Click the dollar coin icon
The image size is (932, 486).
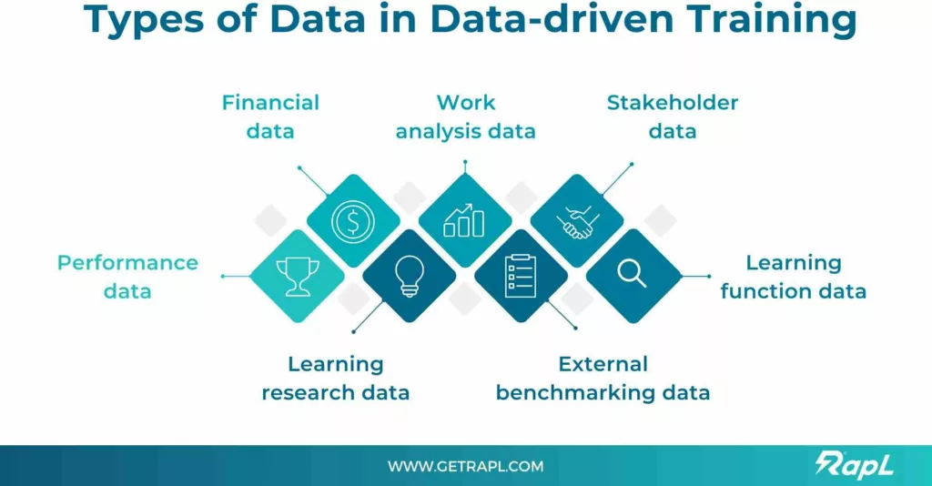tap(353, 221)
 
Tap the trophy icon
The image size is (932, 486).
tap(298, 277)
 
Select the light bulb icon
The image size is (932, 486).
tap(409, 276)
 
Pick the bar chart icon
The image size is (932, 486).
tap(464, 220)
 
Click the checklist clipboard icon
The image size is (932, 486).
tap(521, 276)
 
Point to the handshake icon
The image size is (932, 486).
tap(577, 222)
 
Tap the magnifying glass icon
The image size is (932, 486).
tap(632, 274)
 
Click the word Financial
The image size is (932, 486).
tap(270, 103)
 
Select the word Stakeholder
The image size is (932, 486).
tap(673, 103)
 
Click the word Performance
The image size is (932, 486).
tap(127, 263)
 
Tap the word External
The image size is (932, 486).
tap(603, 364)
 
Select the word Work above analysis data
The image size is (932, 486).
tap(465, 103)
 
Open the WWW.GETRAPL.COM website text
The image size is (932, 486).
tap(465, 466)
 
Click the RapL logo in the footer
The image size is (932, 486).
tap(854, 464)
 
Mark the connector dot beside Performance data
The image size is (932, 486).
tap(223, 277)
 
